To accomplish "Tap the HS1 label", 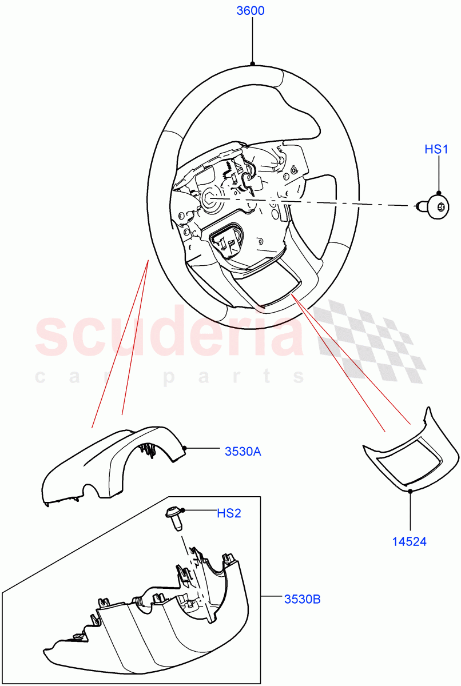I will coord(436,149).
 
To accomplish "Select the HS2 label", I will coord(229,513).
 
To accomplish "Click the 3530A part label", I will coord(243,451).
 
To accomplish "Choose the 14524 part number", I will coord(409,541).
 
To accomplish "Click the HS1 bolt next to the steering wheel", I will coord(434,206).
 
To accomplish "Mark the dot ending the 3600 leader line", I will coord(252,63).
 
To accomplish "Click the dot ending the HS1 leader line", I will coord(439,193).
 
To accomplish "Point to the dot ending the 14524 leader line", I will coord(410,490).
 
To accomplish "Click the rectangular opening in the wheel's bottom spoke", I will coord(274,286).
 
